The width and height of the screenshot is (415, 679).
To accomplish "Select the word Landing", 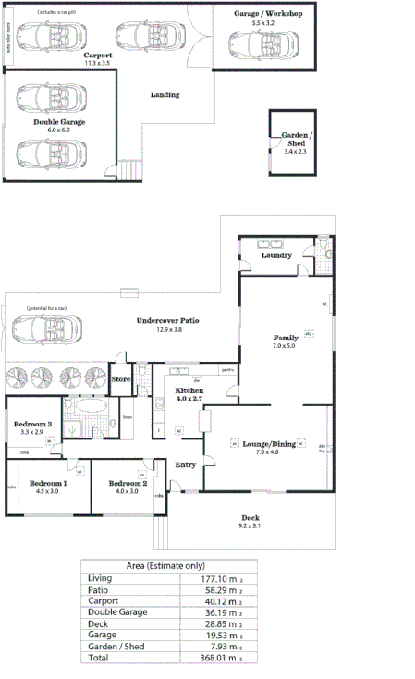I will (x=165, y=94).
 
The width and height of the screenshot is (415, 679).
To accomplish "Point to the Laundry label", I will (x=276, y=255).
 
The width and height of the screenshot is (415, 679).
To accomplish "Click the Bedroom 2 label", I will (x=128, y=483).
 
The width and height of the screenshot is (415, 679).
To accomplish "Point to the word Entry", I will (x=186, y=464).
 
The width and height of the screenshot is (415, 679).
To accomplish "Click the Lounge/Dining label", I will (x=269, y=444).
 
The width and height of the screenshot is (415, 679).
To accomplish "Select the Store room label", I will (x=120, y=379).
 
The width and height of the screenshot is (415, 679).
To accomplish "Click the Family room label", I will (x=285, y=338).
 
